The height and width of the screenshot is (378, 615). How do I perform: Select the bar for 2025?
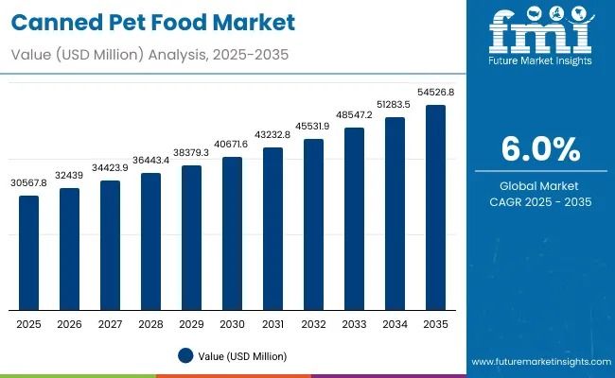tap(29, 252)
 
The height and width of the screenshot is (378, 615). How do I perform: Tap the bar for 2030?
tap(233, 233)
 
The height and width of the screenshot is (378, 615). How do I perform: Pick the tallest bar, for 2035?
tap(435, 207)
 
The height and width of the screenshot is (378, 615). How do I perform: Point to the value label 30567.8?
tap(29, 182)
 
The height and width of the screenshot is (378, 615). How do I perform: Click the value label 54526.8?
tap(435, 93)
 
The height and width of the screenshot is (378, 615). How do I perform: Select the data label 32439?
tap(70, 175)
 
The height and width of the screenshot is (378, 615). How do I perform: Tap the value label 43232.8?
tap(273, 135)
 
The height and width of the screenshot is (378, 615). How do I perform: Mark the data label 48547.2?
tap(355, 114)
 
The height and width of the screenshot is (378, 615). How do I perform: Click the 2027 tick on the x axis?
tap(111, 323)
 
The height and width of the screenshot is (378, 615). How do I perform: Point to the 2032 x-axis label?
tap(314, 323)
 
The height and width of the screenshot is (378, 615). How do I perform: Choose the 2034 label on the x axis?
tap(395, 323)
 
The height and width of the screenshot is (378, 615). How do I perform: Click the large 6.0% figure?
tap(539, 149)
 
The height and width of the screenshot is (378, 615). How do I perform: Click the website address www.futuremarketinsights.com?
tap(538, 362)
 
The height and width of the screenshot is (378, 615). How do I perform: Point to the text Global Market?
tap(539, 186)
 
